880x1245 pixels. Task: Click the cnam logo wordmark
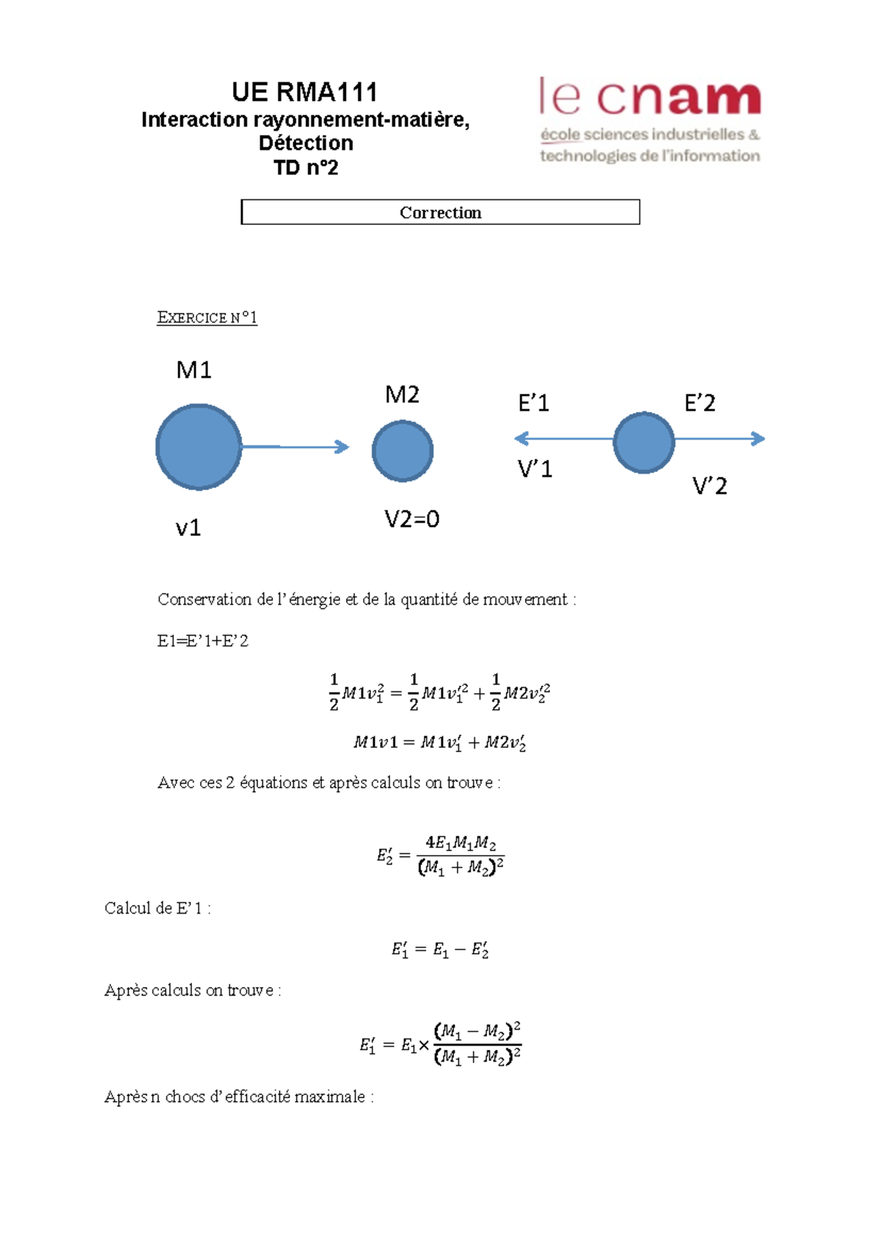click(x=650, y=98)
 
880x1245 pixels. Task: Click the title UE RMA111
click(x=304, y=92)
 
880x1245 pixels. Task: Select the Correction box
click(x=440, y=212)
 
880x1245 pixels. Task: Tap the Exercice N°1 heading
click(x=207, y=317)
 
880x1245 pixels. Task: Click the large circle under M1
click(x=199, y=447)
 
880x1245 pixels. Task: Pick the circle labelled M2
click(x=403, y=451)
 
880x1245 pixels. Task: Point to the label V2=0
click(x=411, y=519)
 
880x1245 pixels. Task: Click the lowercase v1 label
click(x=188, y=528)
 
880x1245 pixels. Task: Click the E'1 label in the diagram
click(x=533, y=403)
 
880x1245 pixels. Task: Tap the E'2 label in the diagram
click(x=700, y=403)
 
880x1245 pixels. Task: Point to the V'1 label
click(x=535, y=469)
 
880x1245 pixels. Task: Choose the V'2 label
click(x=709, y=485)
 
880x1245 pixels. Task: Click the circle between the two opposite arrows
click(x=644, y=443)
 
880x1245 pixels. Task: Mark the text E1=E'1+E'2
click(x=203, y=641)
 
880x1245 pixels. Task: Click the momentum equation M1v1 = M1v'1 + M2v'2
click(x=440, y=743)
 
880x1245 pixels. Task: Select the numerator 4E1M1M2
click(x=461, y=843)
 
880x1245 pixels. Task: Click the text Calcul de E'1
click(x=157, y=908)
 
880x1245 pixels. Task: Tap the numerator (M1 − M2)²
click(x=477, y=1032)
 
